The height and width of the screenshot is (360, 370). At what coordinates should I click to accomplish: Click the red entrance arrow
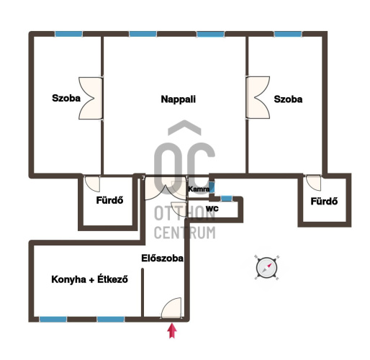172,330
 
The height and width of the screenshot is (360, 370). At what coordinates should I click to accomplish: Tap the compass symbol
266,268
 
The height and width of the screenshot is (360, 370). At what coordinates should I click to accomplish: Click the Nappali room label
179,99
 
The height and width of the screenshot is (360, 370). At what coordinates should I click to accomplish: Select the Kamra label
199,189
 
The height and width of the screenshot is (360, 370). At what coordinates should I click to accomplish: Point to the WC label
212,208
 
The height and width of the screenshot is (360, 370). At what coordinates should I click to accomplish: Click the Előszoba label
162,258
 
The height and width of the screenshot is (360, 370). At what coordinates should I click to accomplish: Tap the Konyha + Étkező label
89,279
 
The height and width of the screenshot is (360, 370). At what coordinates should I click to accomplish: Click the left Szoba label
66,98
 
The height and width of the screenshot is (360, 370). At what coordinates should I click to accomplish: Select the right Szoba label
288,99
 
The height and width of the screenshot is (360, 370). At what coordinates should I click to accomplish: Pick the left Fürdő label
109,200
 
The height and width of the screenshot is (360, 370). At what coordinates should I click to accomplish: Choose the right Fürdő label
324,201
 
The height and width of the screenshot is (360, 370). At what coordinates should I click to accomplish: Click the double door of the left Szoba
91,98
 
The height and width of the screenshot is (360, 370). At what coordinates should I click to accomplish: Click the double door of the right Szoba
258,97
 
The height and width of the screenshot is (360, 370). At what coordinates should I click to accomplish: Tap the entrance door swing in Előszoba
171,308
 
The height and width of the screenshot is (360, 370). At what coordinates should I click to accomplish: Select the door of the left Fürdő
92,184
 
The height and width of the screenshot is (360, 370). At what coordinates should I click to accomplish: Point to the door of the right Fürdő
313,183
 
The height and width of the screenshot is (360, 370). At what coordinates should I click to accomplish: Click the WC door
179,210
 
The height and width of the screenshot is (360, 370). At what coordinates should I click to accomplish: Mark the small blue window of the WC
227,198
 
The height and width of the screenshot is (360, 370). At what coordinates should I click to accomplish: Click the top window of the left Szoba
68,34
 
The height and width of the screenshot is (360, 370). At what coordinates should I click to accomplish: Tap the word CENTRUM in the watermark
185,233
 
